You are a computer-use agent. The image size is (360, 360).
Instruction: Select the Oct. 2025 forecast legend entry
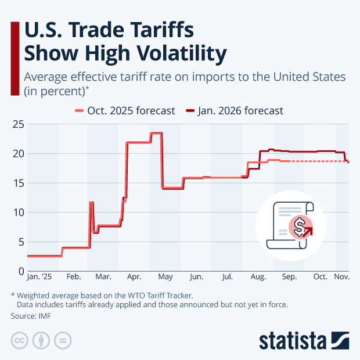pos(125,110)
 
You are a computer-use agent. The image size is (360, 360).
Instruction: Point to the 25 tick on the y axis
pos(18,124)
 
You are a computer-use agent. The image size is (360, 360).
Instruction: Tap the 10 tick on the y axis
pos(18,212)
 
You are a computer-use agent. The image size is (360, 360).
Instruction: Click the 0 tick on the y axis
pos(20,271)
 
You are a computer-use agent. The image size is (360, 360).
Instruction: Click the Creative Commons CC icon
pos(19,340)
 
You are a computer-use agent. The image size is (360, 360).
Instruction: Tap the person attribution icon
pos(41,340)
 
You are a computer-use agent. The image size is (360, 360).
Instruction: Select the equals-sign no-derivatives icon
pos(62,340)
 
